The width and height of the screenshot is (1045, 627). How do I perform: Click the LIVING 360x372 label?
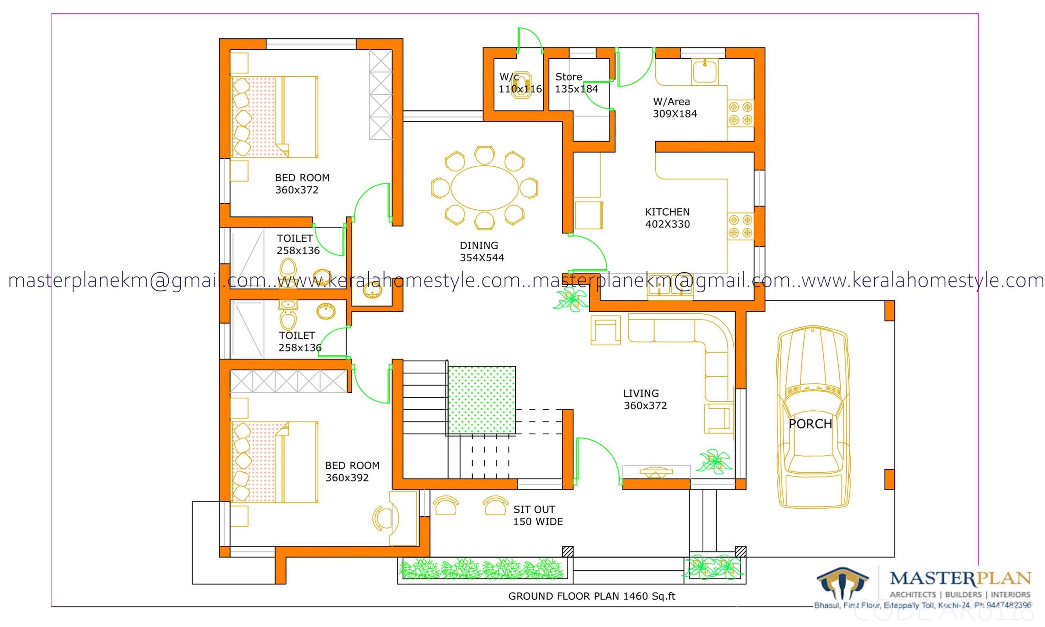[645, 399]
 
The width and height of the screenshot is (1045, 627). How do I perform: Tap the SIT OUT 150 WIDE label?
[537, 516]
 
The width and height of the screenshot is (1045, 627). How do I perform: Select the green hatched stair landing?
[482, 400]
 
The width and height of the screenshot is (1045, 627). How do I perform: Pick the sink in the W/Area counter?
[704, 71]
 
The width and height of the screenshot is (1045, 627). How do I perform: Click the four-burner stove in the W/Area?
[740, 113]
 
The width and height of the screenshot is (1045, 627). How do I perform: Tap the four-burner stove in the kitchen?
[740, 226]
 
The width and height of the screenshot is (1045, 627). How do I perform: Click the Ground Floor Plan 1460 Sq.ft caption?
[591, 596]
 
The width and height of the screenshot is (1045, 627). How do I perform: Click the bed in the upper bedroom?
[274, 117]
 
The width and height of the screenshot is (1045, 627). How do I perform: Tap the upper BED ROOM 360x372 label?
[302, 184]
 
